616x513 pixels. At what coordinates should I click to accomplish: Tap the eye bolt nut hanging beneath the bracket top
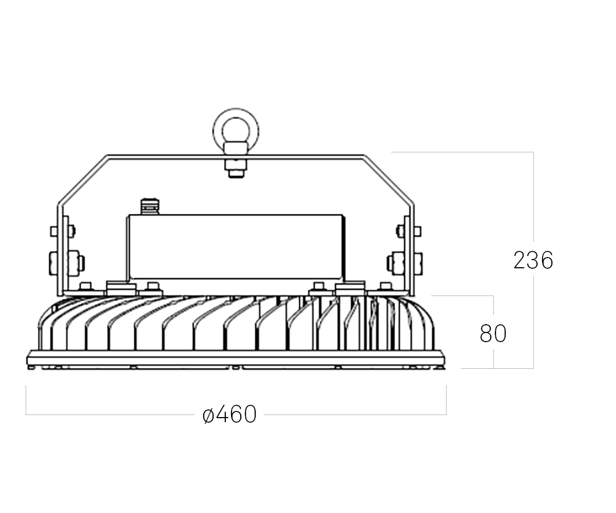(x=236, y=168)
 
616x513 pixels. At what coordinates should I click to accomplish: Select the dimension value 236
(x=533, y=261)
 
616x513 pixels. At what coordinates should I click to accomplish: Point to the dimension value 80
(x=493, y=333)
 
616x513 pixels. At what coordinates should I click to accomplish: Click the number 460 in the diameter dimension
(x=236, y=415)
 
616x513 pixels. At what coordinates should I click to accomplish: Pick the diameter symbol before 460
(x=208, y=415)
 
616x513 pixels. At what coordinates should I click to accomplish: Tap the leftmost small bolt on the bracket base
(x=86, y=286)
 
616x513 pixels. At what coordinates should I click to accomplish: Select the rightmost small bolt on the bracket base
(x=385, y=286)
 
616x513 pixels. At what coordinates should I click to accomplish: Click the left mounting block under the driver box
(x=121, y=287)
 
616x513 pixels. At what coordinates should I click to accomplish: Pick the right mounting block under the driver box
(x=350, y=287)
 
